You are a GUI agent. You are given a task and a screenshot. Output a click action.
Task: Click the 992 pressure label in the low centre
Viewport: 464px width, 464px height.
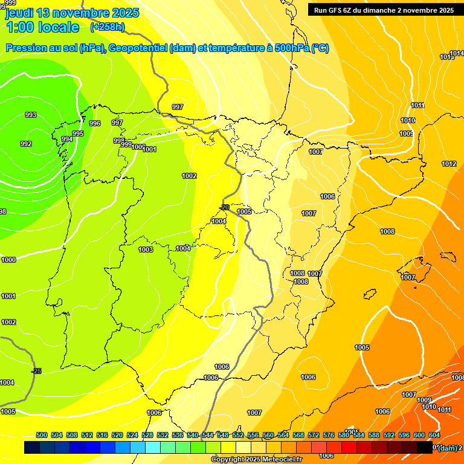(x=26, y=144)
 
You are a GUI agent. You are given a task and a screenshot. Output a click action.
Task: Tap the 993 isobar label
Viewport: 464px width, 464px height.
(x=31, y=115)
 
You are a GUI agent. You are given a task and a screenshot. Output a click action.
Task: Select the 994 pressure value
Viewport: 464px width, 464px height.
(x=67, y=139)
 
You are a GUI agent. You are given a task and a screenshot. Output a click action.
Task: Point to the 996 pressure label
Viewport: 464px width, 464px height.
(x=95, y=123)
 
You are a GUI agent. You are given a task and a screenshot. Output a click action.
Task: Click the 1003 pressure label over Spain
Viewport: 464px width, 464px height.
(x=146, y=250)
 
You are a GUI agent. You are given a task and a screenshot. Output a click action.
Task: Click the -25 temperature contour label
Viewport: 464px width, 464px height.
(x=37, y=371)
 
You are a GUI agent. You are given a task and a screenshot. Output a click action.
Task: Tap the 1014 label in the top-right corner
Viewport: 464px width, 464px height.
(x=457, y=54)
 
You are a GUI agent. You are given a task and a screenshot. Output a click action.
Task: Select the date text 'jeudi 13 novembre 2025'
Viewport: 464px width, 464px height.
(x=72, y=13)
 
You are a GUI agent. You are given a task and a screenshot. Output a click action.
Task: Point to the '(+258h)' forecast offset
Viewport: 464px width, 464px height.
(x=108, y=27)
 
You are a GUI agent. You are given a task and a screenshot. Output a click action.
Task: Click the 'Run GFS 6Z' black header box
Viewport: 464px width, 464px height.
(x=384, y=10)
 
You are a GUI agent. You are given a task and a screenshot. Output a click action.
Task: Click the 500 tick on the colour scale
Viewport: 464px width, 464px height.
(x=42, y=435)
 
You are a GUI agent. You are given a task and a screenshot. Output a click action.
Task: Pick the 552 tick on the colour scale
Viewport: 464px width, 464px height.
(x=238, y=435)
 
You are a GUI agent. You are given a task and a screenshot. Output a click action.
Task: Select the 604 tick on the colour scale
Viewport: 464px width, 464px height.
(x=434, y=435)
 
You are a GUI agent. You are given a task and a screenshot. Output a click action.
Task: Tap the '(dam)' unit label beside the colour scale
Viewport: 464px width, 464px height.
(x=447, y=448)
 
